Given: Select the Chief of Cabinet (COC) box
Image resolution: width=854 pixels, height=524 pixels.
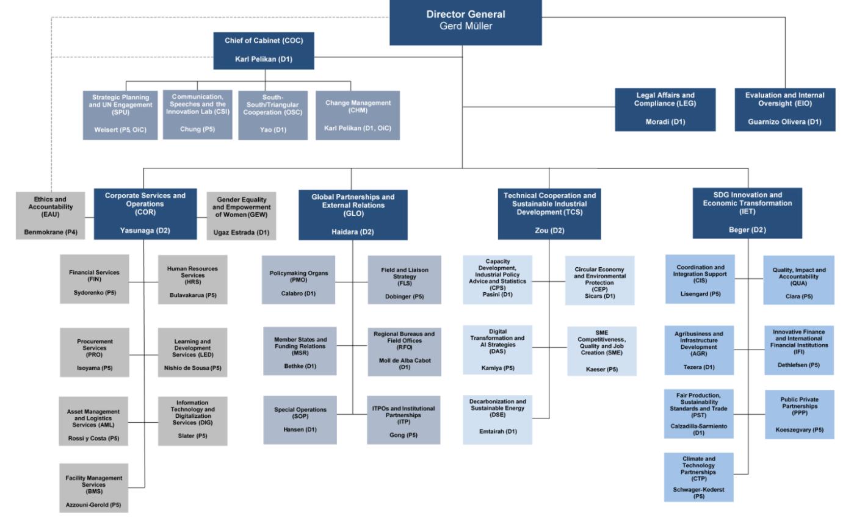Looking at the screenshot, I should click(x=264, y=50).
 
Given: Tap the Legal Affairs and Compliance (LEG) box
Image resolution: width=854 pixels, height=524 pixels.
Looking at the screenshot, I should click(x=665, y=109).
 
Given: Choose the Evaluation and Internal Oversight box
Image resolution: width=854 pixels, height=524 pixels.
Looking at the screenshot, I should click(x=784, y=109).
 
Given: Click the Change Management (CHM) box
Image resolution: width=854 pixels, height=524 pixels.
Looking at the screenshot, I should click(x=358, y=115).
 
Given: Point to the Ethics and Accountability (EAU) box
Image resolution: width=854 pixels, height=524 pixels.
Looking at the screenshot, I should click(x=51, y=215).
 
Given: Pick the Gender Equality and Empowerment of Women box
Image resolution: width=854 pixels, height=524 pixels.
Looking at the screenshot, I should click(x=241, y=215).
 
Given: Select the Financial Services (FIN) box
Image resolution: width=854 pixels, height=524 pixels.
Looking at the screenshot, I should click(x=94, y=282).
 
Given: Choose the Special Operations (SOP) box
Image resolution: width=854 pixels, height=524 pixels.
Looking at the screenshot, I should click(x=300, y=420).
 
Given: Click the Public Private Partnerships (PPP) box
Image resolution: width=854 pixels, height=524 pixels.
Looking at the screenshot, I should click(x=800, y=414).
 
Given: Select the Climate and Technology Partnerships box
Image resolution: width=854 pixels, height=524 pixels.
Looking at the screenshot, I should click(x=698, y=477).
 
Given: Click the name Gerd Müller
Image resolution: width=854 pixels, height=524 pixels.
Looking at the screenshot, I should click(x=465, y=26).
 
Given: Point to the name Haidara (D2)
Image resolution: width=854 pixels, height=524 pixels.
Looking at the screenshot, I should click(x=352, y=232).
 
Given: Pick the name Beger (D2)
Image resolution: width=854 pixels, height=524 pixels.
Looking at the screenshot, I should click(x=747, y=230).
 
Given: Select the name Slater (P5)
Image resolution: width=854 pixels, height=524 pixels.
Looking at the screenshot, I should click(x=192, y=436).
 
